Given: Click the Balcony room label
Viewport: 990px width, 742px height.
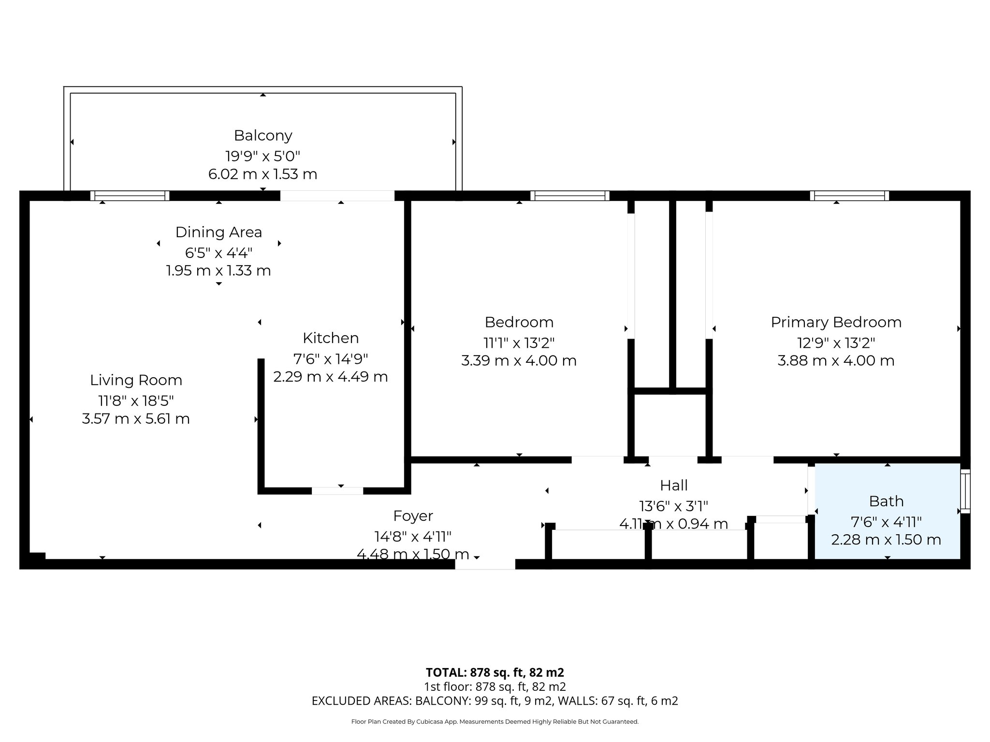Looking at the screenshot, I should (263, 136).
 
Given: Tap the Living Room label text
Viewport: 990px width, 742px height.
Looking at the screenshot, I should (136, 380).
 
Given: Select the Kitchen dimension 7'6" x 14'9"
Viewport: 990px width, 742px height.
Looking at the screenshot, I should (331, 359).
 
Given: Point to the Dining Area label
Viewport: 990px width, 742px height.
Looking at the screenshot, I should (218, 232).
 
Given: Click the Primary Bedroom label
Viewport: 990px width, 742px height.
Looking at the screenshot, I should (836, 322).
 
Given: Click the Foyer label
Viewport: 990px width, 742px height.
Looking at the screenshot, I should (413, 516).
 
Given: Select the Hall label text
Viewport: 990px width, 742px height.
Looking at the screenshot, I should (673, 485).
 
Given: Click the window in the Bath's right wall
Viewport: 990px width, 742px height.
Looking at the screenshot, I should (965, 491).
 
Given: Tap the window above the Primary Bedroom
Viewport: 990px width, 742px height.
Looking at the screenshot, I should (849, 196).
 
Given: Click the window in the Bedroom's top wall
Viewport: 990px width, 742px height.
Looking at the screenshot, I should (569, 196).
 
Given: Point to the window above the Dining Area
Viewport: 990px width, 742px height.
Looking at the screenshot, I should (130, 196).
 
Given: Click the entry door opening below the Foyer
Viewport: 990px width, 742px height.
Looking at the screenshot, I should (485, 564).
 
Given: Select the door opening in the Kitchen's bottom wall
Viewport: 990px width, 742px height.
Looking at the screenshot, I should (337, 491).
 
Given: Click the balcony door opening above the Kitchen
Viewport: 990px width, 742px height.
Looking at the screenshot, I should (337, 196).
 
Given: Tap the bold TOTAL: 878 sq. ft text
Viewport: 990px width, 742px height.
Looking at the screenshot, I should (495, 672).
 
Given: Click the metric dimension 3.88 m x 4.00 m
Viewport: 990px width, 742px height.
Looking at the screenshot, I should (836, 361).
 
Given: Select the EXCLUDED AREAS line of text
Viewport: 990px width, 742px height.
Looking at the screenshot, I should (495, 701).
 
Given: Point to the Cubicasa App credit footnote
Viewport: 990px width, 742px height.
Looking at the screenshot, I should (495, 722).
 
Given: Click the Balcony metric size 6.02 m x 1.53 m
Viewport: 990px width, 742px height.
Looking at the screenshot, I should (263, 174).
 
